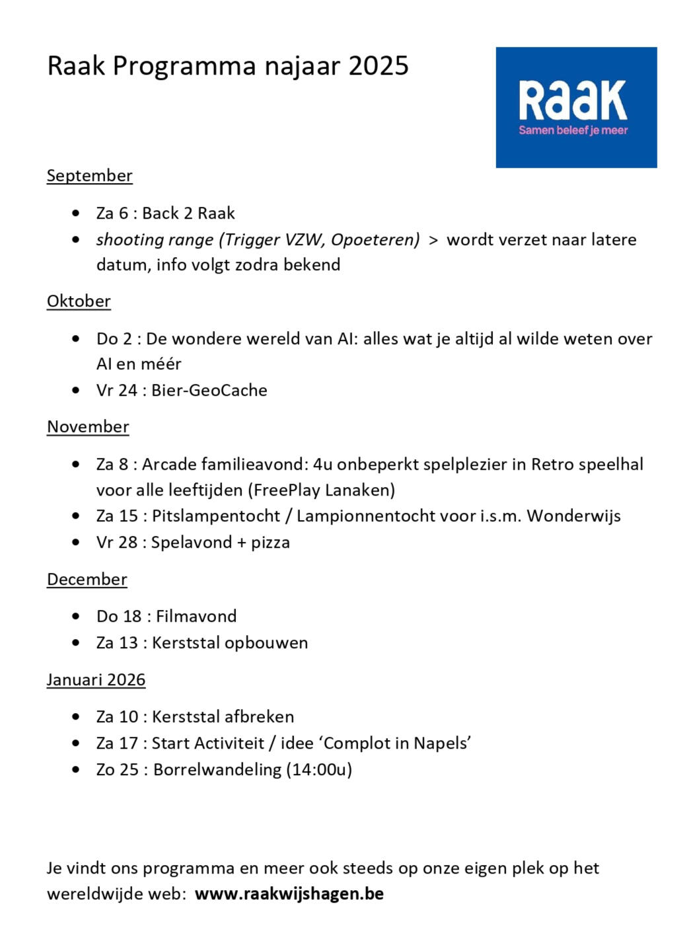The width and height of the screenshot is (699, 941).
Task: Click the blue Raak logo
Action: coord(575,107)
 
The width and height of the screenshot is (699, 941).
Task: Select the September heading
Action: coord(89,176)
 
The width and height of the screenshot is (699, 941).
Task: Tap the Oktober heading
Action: coord(79,301)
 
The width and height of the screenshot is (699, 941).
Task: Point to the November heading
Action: coord(88,427)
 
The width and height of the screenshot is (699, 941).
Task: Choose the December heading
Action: coord(87,580)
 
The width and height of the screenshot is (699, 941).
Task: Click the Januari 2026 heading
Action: coord(96,680)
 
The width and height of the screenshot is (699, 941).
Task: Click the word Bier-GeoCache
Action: coord(209,391)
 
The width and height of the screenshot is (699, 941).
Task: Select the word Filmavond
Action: coord(196,617)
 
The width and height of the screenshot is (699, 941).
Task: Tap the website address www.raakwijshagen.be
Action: coord(289,894)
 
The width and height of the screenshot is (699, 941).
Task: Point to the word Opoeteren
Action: coord(375,240)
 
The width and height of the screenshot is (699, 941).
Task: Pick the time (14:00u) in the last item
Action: coord(319,770)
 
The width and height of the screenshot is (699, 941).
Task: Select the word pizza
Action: coord(270,543)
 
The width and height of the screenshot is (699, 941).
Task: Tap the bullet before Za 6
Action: coord(77,213)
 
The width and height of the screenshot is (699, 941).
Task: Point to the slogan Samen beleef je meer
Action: coord(573,130)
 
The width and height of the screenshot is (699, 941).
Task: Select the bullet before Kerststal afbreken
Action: coord(77,717)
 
